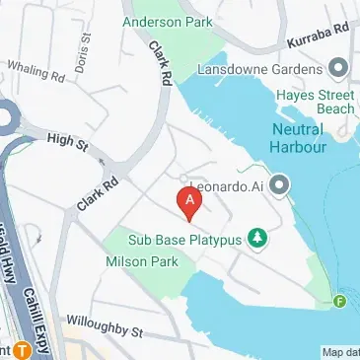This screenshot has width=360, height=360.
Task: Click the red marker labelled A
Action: tap(189, 201)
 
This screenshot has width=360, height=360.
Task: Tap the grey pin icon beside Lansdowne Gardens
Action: tap(339, 67)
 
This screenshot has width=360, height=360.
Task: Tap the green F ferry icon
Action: tap(341, 301)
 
